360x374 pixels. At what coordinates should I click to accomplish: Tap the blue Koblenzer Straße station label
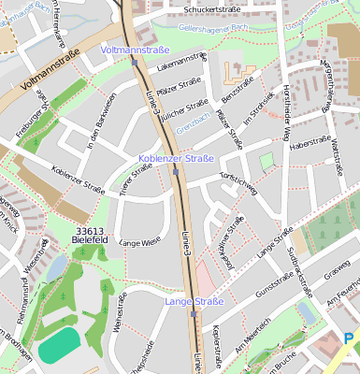tap(176, 160)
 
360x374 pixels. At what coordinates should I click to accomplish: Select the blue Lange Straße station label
tap(194, 301)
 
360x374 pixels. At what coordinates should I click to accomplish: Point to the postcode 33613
tap(90, 230)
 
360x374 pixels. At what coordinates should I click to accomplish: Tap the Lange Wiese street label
tap(139, 242)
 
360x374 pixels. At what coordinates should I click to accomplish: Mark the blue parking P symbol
tap(349, 338)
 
